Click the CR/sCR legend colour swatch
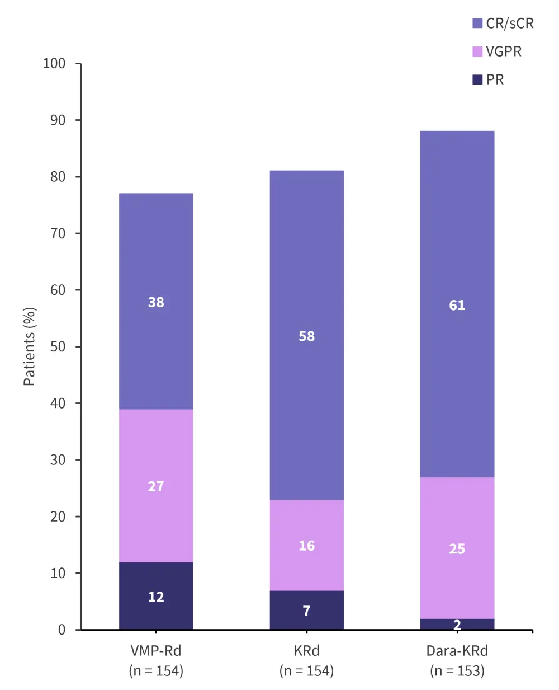pos(477,24)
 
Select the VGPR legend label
pos(504,51)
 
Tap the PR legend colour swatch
pos(477,79)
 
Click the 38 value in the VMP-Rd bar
pos(156,302)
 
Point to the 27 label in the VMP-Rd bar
pos(156,486)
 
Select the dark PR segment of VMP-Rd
pos(156,582)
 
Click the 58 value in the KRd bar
pos(306,336)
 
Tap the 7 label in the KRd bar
pos(306,611)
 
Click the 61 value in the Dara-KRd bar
pos(457,305)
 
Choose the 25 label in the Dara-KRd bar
pos(457,549)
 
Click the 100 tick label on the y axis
pos(54,63)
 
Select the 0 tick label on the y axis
pos(61,630)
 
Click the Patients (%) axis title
pos(29,346)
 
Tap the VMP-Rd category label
pos(156,651)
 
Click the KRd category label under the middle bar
pos(306,651)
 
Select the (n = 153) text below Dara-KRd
pos(457,670)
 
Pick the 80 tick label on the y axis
pos(58,177)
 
